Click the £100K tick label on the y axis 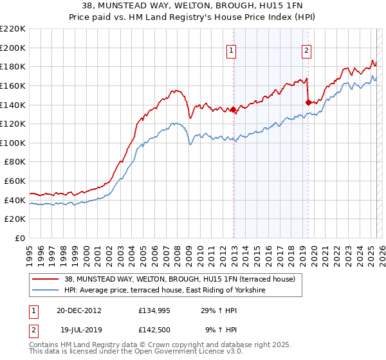13,143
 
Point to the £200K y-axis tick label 13,48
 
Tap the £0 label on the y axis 19,239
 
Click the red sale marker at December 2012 234,110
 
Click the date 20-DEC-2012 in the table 79,310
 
